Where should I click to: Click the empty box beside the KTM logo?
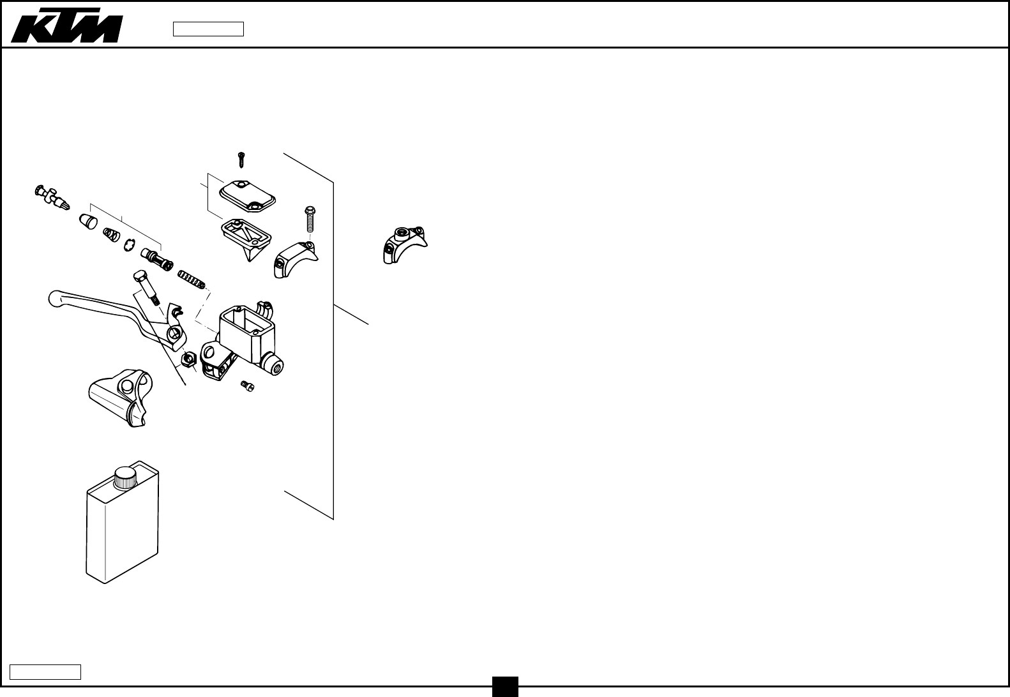click(208, 29)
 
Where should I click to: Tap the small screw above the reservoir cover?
click(241, 159)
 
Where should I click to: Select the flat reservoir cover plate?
click(247, 195)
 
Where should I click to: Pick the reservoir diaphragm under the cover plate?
click(246, 236)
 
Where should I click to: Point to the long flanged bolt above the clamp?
click(310, 218)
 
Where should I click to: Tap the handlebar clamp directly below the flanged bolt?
click(294, 259)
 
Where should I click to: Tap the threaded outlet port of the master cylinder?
click(276, 366)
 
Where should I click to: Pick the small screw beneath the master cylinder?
click(247, 386)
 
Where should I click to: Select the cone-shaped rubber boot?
click(88, 221)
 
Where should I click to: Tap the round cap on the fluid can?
click(126, 477)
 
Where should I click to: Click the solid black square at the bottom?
click(505, 687)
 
